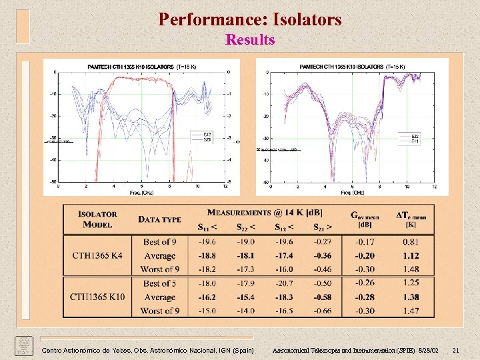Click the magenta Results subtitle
click(250, 40)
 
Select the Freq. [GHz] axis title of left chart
click(141, 191)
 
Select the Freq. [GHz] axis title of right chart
click(353, 192)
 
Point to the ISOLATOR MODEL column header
click(97, 219)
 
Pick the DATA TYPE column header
click(159, 219)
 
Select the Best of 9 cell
click(159, 242)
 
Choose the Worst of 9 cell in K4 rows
click(160, 269)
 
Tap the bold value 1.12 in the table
click(411, 255)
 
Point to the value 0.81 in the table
click(411, 242)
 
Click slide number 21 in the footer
click(456, 350)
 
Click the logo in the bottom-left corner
click(23, 346)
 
